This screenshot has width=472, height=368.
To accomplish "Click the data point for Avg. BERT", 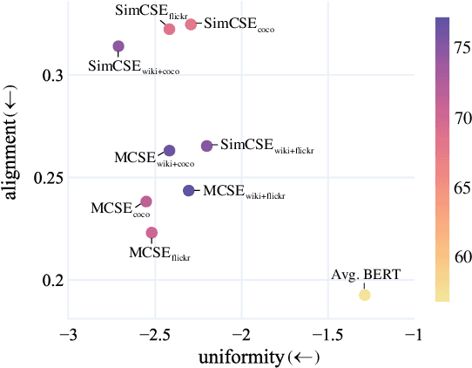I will click(365, 295).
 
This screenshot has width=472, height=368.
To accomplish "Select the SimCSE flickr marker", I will click(170, 29).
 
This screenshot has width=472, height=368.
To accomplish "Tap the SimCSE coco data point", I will click(191, 24).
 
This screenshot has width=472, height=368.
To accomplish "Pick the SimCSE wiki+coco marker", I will click(118, 46).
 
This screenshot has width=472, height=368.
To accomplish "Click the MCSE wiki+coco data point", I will click(170, 151).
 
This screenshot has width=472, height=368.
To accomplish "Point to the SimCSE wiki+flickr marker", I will click(206, 146).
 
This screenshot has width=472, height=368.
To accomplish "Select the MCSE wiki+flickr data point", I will click(189, 190).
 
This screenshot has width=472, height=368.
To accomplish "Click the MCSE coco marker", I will click(146, 201).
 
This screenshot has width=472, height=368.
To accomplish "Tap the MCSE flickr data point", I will click(152, 233).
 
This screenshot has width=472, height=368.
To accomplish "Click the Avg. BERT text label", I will click(366, 275).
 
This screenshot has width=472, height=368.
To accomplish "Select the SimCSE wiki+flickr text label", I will click(266, 145).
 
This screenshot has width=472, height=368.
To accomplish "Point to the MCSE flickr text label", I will click(159, 254).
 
